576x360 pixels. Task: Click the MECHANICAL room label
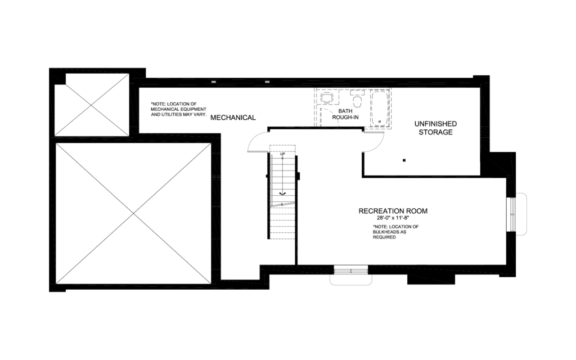[233, 118]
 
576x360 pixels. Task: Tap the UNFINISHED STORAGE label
[435, 128]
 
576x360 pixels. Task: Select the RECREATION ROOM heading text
[393, 211]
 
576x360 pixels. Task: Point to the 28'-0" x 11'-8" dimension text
[393, 218]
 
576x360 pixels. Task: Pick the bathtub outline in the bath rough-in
[380, 108]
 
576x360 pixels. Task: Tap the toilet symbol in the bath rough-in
[357, 100]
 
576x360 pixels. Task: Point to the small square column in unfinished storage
[404, 161]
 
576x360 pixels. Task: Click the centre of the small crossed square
[92, 105]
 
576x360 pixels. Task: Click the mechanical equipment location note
[178, 109]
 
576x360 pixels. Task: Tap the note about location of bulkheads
[395, 232]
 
